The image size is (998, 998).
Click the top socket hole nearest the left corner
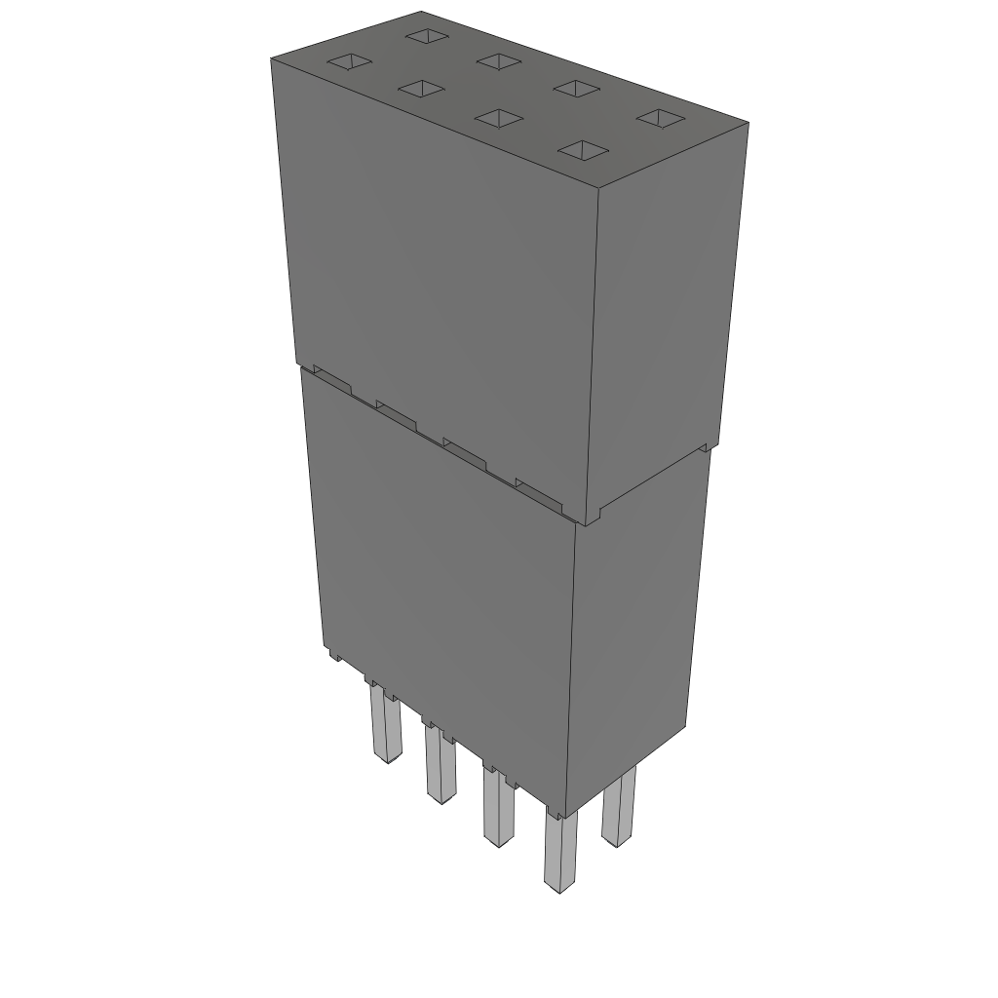point(349,63)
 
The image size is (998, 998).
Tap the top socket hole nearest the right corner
point(662,118)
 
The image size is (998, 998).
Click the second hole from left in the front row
point(421,90)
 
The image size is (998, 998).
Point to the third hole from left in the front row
point(499,118)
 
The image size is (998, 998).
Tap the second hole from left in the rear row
point(499,61)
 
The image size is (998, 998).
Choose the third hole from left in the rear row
point(576,89)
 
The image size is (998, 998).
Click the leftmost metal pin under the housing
point(384,726)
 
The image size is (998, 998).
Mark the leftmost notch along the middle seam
point(331,381)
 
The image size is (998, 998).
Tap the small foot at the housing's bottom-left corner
point(334,655)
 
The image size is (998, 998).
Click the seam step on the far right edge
point(706,447)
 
